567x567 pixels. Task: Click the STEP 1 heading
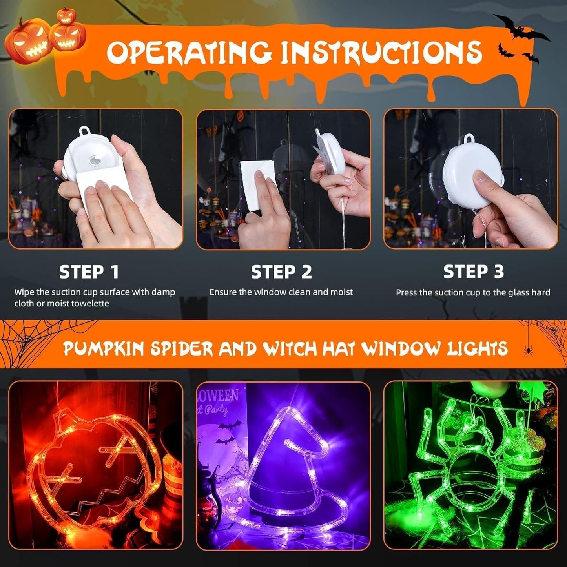tap(89, 272)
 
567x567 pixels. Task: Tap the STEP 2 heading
tap(281, 272)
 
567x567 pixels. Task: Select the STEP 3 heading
tap(473, 272)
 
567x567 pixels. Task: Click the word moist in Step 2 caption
tap(341, 292)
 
